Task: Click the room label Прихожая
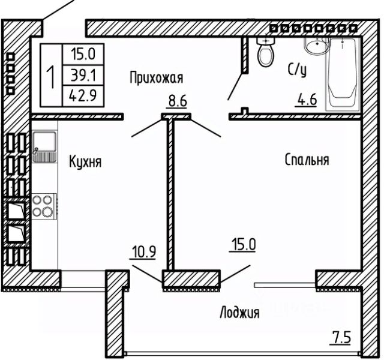[x=156, y=77]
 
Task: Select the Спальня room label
[x=307, y=160]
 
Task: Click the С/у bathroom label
[x=297, y=70]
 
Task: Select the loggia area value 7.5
[x=341, y=337]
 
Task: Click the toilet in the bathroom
[x=265, y=53]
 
